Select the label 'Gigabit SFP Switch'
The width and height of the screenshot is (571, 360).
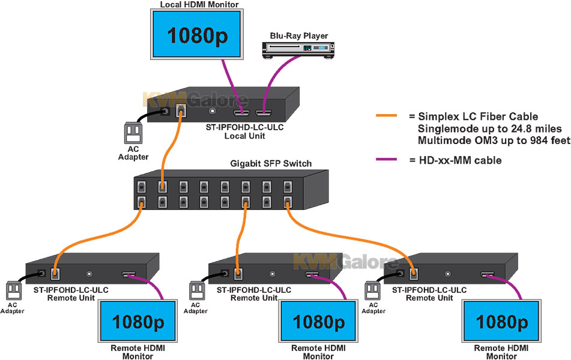(x=271, y=164)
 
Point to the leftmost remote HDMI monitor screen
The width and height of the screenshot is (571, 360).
(x=137, y=322)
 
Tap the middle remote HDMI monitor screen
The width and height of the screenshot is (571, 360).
(x=318, y=322)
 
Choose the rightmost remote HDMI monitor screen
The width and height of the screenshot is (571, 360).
(x=501, y=322)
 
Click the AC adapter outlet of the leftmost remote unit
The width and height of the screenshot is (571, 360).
(x=13, y=291)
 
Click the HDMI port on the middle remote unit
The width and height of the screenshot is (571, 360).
(x=311, y=275)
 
